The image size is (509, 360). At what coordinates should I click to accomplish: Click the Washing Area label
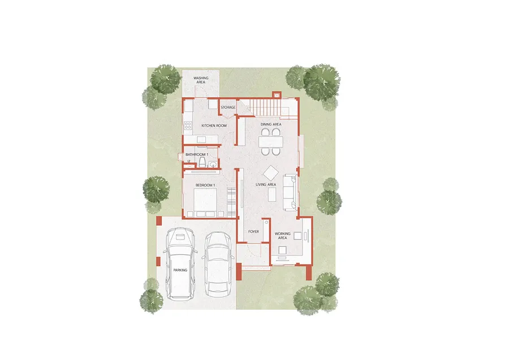point(201,80)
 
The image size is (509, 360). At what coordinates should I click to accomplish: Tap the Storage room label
point(228,107)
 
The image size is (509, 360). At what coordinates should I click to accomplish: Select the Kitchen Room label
point(214,125)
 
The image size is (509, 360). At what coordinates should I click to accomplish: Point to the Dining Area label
point(271,124)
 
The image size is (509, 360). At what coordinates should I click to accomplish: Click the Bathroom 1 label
point(197,155)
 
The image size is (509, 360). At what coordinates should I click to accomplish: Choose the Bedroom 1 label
point(205,185)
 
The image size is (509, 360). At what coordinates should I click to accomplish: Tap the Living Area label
point(266,185)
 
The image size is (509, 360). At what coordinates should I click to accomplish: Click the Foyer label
point(253,232)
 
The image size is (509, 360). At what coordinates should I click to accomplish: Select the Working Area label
point(282,236)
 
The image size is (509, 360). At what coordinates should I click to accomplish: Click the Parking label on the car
point(180,270)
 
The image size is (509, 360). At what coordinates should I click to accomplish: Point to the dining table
point(271,142)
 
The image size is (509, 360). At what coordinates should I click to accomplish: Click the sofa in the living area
point(290,192)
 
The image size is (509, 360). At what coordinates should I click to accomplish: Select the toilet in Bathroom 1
point(202,162)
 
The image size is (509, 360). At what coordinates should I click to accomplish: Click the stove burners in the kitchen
point(188,125)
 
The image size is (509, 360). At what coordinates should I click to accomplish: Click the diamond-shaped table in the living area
point(270,173)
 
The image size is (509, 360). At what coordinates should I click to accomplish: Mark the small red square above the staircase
point(276,95)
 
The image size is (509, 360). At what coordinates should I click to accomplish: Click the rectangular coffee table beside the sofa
point(272,194)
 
